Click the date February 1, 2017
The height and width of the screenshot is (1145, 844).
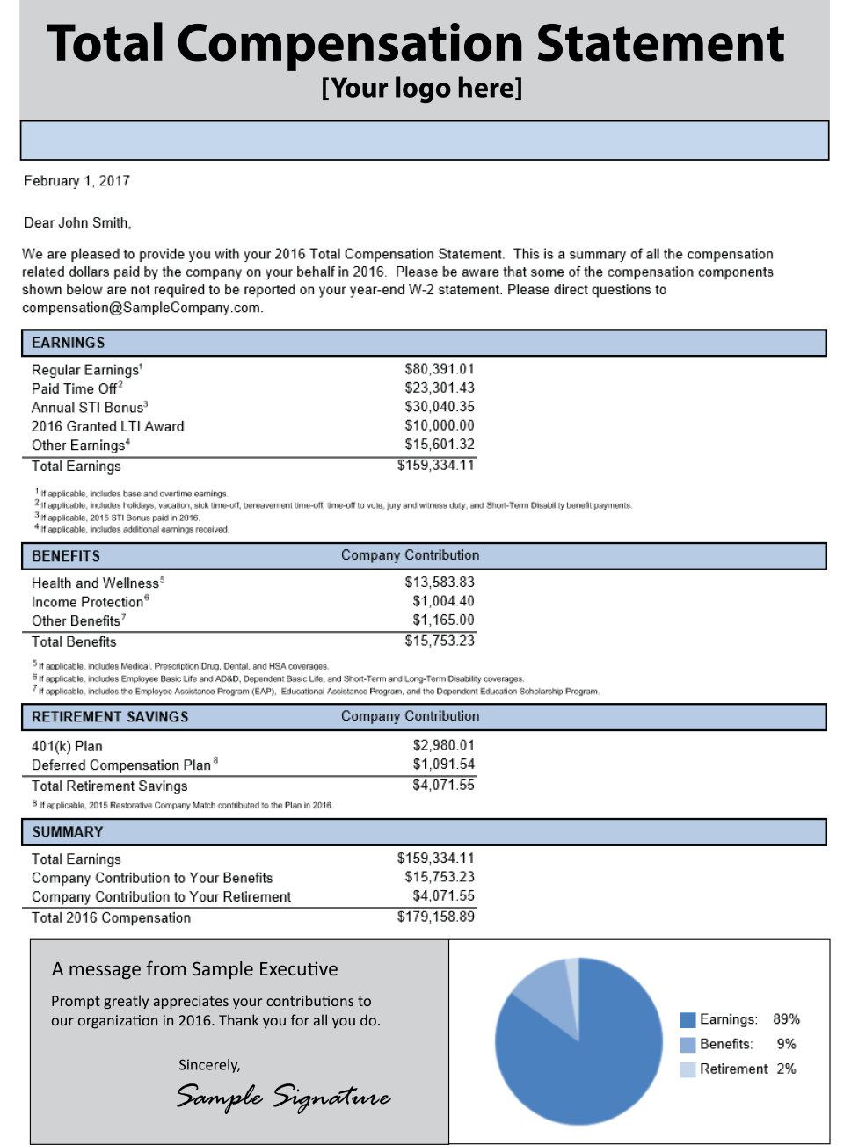pyautogui.click(x=76, y=181)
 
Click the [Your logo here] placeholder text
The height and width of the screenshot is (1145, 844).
pyautogui.click(x=422, y=88)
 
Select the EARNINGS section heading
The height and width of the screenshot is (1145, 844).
pyautogui.click(x=68, y=343)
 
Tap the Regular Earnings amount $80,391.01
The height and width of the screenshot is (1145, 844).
pyautogui.click(x=439, y=369)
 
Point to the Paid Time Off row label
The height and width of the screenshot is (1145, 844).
pyautogui.click(x=75, y=388)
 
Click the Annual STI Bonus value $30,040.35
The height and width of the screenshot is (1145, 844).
pyautogui.click(x=439, y=407)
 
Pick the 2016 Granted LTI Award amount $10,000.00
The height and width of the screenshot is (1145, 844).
pyautogui.click(x=439, y=425)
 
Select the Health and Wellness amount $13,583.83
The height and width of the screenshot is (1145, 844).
pyautogui.click(x=439, y=582)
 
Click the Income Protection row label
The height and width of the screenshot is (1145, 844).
pyautogui.click(x=88, y=602)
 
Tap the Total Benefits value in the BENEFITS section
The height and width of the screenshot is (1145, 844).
pyautogui.click(x=439, y=641)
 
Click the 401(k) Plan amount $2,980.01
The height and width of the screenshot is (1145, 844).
pyautogui.click(x=443, y=745)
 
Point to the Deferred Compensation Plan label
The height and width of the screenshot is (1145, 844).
pyautogui.click(x=121, y=765)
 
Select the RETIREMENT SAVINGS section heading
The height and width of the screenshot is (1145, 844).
pyautogui.click(x=110, y=717)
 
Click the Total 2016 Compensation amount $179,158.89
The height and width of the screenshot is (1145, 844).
pyautogui.click(x=435, y=917)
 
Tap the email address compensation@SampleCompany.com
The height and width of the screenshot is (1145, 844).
pyautogui.click(x=142, y=308)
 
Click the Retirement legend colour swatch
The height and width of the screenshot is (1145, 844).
pyautogui.click(x=688, y=1069)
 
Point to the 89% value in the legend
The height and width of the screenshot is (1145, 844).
pyautogui.click(x=786, y=1019)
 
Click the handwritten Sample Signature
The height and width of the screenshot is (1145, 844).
pyautogui.click(x=283, y=1097)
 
